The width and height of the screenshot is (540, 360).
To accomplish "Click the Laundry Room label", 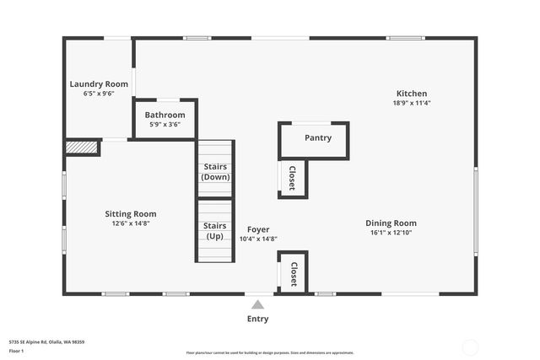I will tap(99, 83).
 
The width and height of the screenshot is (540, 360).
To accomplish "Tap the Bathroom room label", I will tap(165, 115).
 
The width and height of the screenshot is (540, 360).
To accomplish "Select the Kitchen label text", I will tap(412, 94).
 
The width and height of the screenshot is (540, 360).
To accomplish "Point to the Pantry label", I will tap(318, 137).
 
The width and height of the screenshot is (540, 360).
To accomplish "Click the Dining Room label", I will tap(391, 223).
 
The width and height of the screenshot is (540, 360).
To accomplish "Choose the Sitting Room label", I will tap(131, 214).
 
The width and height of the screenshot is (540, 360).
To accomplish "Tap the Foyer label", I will tap(258, 229).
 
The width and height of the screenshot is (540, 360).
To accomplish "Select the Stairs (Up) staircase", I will tap(215, 230).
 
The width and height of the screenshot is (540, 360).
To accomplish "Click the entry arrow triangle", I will tap(257, 304).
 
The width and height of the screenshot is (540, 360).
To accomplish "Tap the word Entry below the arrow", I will tap(257, 319).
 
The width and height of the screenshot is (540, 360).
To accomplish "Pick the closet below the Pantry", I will tap(293, 178).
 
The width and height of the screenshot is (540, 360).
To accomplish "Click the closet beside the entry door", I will tap(294, 273).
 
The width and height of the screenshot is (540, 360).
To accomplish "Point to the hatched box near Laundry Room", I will tap(82, 148).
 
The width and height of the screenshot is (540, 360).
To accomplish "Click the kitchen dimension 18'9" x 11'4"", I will tap(412, 103).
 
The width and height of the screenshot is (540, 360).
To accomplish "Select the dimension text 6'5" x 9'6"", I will tap(99, 94).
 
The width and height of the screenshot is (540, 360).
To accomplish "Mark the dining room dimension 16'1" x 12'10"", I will tap(391, 233).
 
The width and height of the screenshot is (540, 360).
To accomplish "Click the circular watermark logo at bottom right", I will tap(470, 347).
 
